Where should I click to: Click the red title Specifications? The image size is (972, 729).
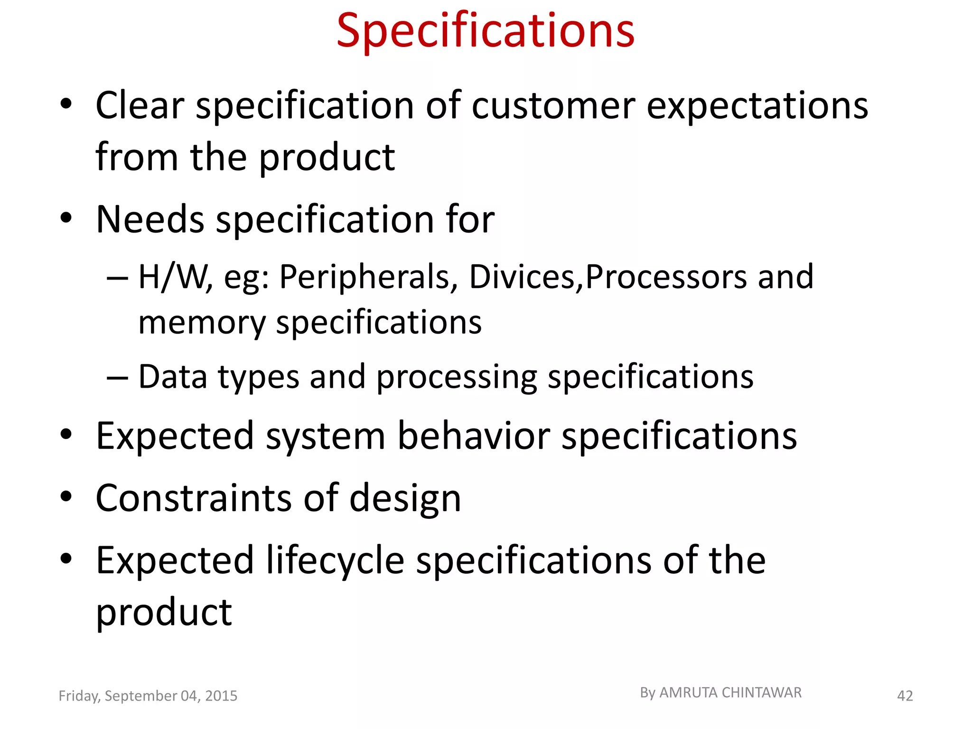(485, 31)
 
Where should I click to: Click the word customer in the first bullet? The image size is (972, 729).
(553, 105)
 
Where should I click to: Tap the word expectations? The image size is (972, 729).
(757, 105)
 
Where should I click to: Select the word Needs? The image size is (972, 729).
(150, 219)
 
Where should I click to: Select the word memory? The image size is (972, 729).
(202, 323)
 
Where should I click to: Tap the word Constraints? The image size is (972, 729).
(194, 498)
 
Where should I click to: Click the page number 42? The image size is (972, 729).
(905, 696)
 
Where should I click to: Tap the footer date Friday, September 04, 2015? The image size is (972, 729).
(148, 696)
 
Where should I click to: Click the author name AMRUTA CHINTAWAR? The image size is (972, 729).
(730, 693)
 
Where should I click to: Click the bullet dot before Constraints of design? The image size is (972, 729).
(66, 496)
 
